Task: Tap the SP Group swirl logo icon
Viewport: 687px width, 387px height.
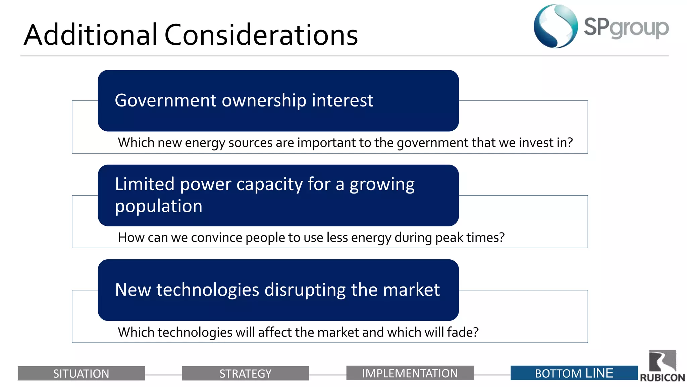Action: pyautogui.click(x=556, y=26)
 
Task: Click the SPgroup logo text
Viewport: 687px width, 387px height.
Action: pyautogui.click(x=626, y=28)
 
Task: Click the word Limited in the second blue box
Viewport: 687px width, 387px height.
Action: pyautogui.click(x=145, y=184)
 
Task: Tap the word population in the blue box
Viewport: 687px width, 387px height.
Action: pyautogui.click(x=159, y=206)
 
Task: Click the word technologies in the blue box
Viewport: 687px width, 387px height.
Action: pyautogui.click(x=208, y=290)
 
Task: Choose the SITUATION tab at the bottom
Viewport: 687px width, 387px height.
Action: pyautogui.click(x=81, y=373)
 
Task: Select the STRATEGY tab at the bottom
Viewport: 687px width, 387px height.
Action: pyautogui.click(x=245, y=373)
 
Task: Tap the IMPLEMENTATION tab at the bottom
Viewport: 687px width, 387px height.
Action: pyautogui.click(x=410, y=373)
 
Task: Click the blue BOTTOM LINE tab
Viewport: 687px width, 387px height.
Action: pyautogui.click(x=574, y=373)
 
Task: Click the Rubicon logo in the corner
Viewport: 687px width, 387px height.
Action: pyautogui.click(x=663, y=366)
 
